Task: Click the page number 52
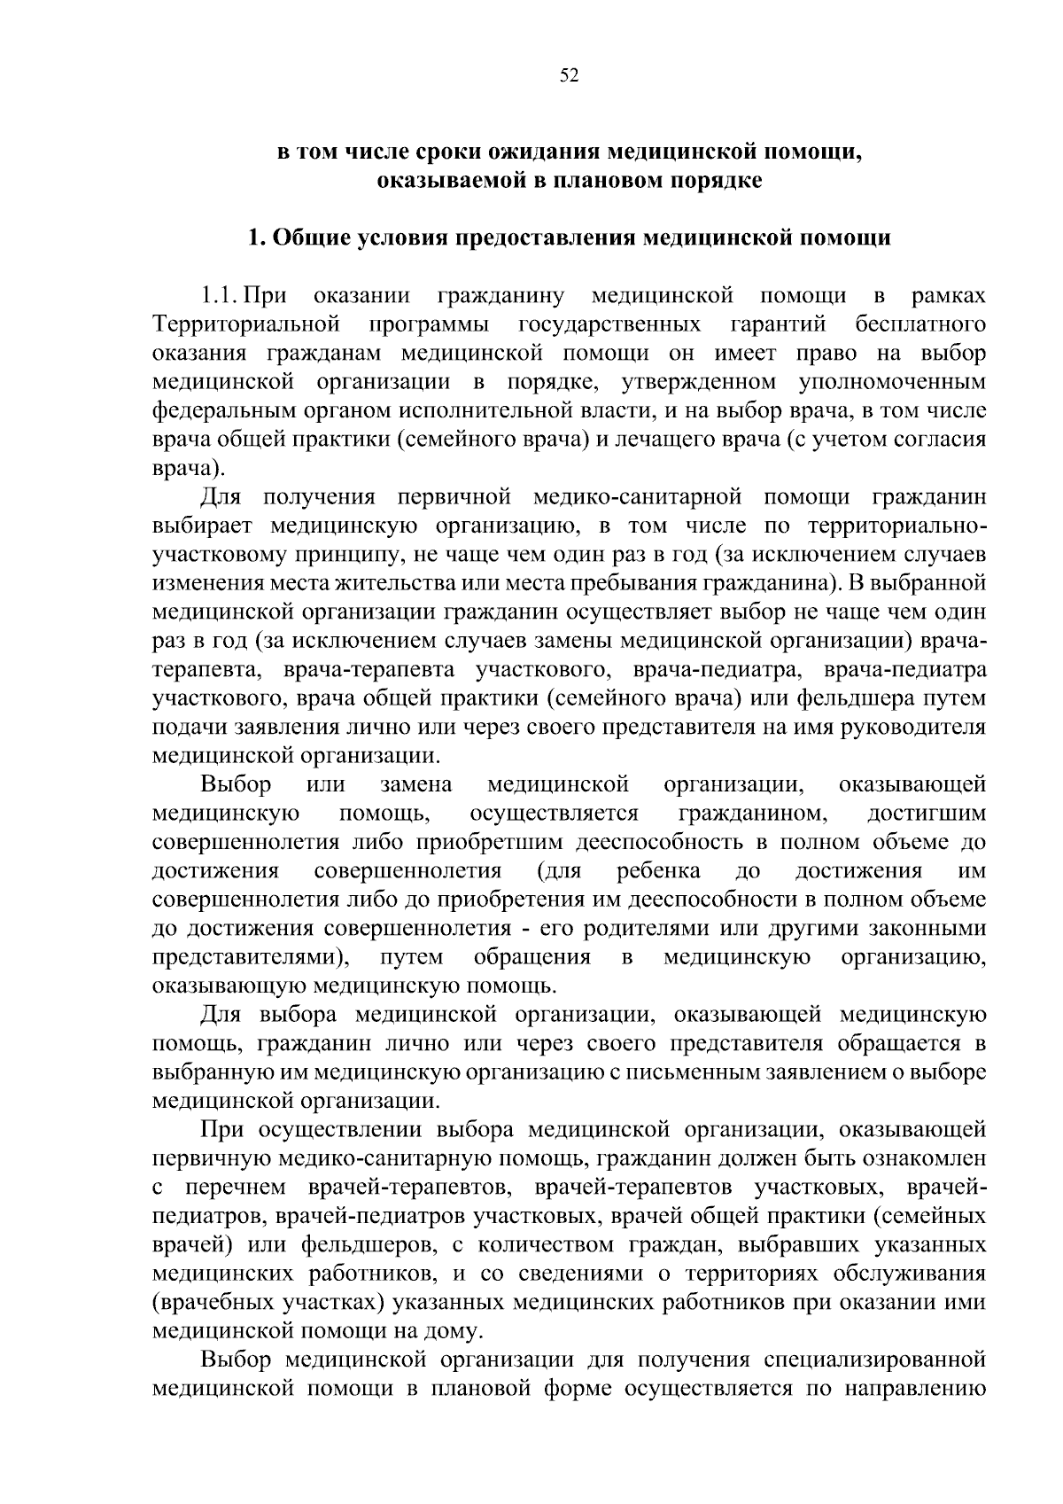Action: point(569,76)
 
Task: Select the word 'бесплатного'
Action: point(921,324)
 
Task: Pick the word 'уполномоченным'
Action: point(892,382)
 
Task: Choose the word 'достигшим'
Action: point(927,813)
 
